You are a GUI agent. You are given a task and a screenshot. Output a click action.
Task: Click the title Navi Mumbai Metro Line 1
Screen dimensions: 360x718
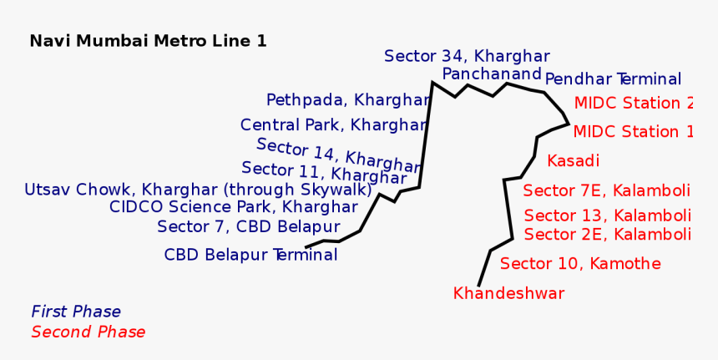click(148, 41)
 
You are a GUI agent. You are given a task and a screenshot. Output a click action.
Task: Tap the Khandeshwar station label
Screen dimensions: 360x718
click(508, 293)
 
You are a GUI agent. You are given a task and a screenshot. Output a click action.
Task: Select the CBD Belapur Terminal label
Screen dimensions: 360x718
click(250, 255)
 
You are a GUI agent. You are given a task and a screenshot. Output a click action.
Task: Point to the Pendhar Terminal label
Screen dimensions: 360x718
click(613, 79)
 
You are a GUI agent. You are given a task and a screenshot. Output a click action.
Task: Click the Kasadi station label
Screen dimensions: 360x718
click(573, 160)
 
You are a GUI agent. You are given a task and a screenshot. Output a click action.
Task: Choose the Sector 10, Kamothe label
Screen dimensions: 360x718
click(580, 264)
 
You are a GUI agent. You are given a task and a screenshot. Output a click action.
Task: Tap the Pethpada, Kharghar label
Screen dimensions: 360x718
click(347, 100)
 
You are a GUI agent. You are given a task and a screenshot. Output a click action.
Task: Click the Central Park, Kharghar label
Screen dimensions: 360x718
click(333, 125)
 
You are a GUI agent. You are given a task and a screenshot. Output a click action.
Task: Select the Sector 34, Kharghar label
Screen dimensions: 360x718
click(467, 56)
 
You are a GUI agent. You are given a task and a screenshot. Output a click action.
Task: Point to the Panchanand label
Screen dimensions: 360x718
click(492, 74)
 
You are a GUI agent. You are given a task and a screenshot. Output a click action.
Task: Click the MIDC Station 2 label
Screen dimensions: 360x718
click(633, 104)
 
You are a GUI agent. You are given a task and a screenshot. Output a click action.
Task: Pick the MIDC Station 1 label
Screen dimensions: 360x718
click(633, 132)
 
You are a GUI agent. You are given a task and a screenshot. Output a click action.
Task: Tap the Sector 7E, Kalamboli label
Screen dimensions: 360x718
click(606, 190)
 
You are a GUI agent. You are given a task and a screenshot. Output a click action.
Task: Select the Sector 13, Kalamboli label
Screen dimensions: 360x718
click(607, 215)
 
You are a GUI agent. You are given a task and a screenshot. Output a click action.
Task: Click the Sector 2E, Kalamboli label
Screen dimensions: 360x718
click(607, 234)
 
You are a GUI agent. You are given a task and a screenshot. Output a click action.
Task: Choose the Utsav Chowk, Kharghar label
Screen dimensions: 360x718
click(198, 190)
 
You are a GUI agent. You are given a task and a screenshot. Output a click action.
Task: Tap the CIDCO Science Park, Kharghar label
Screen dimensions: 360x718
click(233, 207)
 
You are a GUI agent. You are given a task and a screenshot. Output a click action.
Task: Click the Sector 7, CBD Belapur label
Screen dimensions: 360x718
click(248, 226)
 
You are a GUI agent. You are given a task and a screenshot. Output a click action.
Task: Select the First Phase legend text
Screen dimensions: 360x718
click(76, 312)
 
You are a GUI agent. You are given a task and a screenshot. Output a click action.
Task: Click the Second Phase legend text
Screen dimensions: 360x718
click(88, 332)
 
